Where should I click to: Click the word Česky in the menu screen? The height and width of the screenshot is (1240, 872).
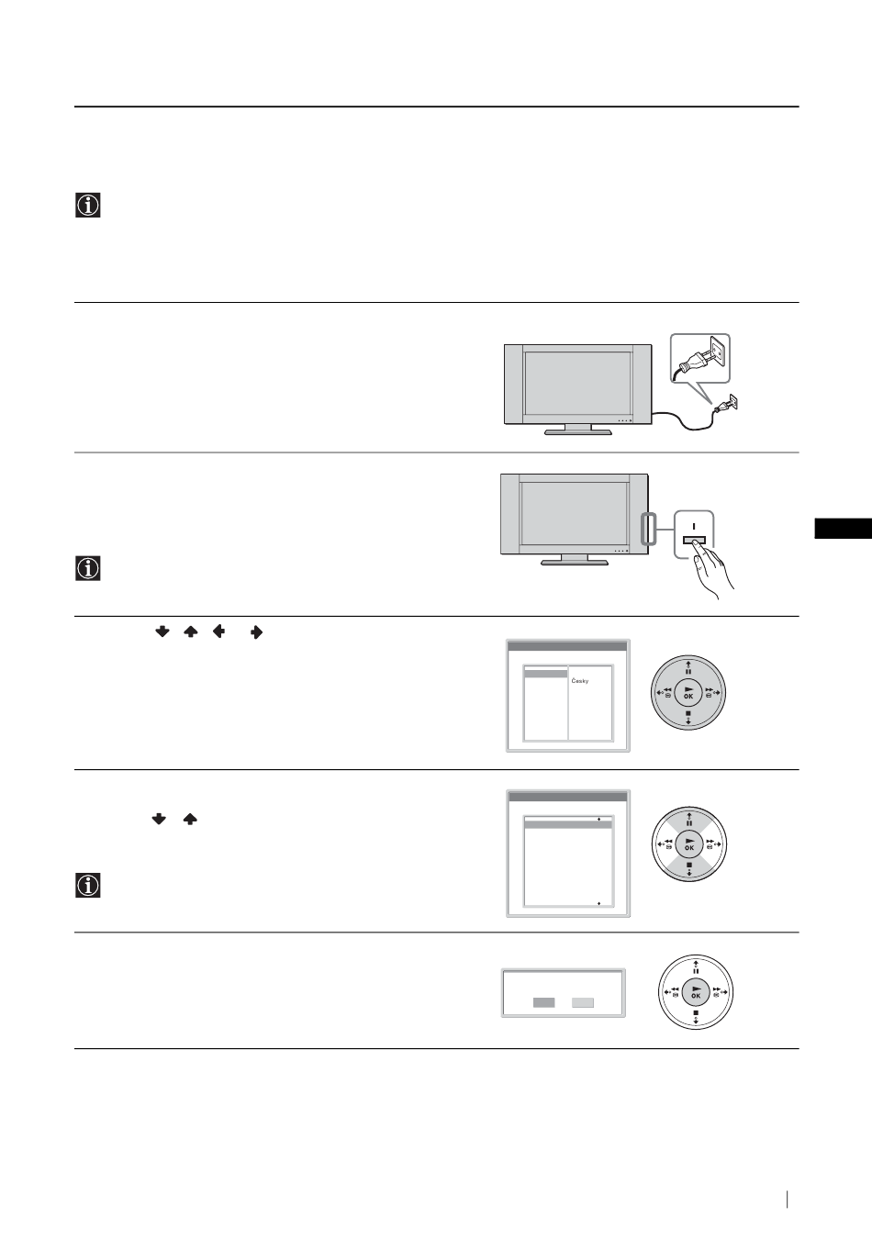click(x=580, y=681)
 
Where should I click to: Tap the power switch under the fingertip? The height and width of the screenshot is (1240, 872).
click(x=694, y=540)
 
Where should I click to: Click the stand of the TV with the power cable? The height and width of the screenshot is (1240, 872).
click(x=578, y=430)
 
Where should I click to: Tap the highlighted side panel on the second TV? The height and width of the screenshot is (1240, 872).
click(x=649, y=529)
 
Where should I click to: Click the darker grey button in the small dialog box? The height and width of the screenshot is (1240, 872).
click(x=543, y=1002)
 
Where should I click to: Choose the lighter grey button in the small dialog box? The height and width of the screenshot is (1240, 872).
click(x=583, y=1002)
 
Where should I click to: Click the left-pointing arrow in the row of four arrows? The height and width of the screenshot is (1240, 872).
click(x=218, y=631)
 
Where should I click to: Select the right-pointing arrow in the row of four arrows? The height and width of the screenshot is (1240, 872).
click(x=256, y=632)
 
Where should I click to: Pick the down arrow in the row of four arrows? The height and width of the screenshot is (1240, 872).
click(x=162, y=631)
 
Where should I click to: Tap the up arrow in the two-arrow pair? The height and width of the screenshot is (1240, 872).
click(x=190, y=819)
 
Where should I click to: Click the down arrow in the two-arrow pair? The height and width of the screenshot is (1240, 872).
click(x=159, y=819)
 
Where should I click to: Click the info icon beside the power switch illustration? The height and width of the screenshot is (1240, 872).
click(x=88, y=568)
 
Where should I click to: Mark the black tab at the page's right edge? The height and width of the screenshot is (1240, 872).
click(x=844, y=528)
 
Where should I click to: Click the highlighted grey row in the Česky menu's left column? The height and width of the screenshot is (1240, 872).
click(x=546, y=674)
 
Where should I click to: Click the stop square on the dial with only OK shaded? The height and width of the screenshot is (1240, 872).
click(x=696, y=1012)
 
